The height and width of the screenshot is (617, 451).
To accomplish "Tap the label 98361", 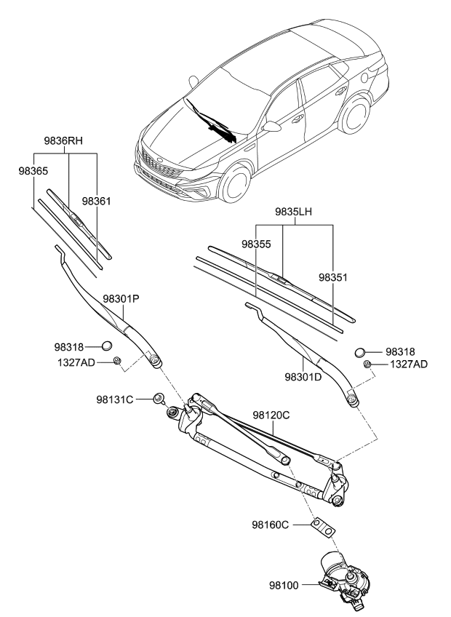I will click(x=97, y=201).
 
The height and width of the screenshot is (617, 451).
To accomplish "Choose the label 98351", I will click(x=334, y=277).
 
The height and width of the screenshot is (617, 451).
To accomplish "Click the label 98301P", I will click(x=121, y=298).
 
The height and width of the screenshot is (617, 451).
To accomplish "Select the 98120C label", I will click(x=271, y=415).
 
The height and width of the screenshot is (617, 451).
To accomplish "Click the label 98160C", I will click(x=271, y=524).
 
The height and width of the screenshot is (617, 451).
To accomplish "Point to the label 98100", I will click(x=284, y=584).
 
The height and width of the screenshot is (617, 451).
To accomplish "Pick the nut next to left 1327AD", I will click(x=117, y=361).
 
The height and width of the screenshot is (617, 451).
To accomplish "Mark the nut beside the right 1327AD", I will click(x=368, y=364).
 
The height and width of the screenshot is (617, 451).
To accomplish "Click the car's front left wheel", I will click(x=236, y=184).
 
